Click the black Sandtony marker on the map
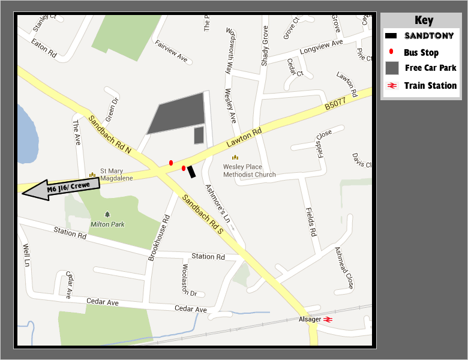(191, 172)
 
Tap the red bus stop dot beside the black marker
(184, 168)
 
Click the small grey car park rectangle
(199, 136)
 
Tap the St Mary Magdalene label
(112, 175)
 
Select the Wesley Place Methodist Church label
(250, 170)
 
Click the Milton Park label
(107, 224)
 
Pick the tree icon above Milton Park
(107, 214)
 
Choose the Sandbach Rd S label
(203, 214)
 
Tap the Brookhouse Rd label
(160, 239)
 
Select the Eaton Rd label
(43, 49)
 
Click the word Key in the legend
(424, 21)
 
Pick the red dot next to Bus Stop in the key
(391, 52)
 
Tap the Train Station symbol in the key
(392, 86)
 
